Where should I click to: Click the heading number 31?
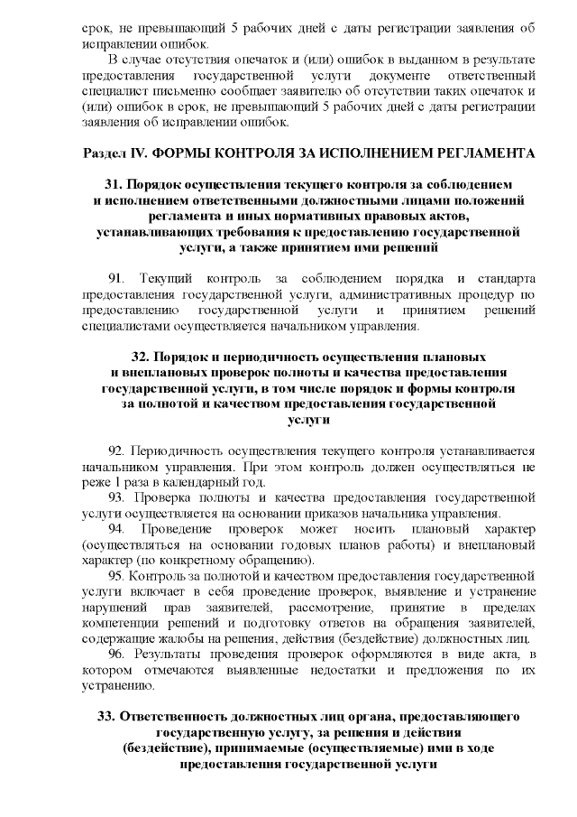[114, 184]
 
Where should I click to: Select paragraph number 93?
[116, 497]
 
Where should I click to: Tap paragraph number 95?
[116, 575]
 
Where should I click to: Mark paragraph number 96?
[116, 653]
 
